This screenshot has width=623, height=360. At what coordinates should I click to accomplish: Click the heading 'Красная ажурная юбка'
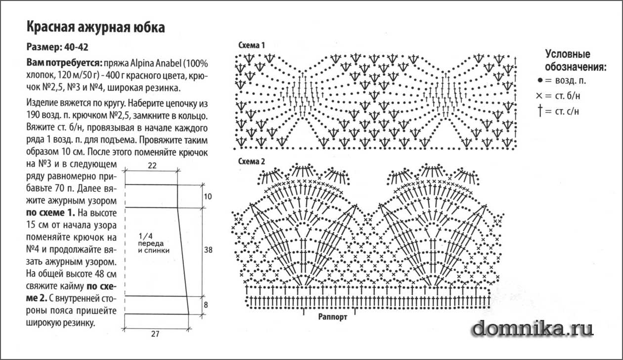[96, 27]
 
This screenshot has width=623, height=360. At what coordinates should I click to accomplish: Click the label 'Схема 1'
[252, 45]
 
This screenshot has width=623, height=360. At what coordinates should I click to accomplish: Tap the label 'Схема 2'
[252, 161]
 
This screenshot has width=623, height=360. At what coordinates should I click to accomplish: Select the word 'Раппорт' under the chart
[333, 317]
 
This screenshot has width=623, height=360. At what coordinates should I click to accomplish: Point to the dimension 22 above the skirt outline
[152, 166]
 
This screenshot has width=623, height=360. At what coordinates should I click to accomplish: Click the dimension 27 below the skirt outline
[155, 334]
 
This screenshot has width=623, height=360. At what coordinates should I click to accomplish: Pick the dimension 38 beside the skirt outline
[208, 250]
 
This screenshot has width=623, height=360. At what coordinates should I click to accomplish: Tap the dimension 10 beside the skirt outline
[208, 197]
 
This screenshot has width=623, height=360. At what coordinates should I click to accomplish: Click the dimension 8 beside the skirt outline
[206, 305]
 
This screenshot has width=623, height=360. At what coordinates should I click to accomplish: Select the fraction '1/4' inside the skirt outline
[146, 236]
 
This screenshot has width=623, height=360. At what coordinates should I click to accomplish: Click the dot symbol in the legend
[540, 81]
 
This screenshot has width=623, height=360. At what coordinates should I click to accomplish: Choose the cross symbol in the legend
[539, 96]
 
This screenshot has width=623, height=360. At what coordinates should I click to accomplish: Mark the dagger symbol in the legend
[540, 110]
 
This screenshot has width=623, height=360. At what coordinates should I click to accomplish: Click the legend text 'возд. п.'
[571, 81]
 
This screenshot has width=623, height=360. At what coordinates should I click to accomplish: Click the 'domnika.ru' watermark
[533, 329]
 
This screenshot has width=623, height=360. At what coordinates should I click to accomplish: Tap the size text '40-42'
[76, 47]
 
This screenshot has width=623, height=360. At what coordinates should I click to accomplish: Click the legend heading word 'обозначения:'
[576, 67]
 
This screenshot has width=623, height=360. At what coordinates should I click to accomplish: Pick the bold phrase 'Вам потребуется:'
[64, 63]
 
